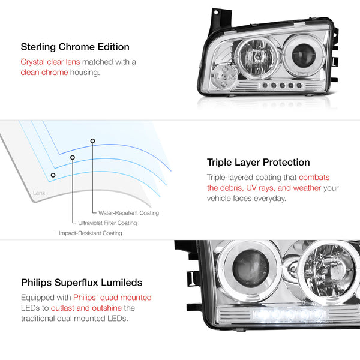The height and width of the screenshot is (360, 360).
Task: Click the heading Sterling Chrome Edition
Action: click(75, 47)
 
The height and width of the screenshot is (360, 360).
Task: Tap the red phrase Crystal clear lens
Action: click(50, 62)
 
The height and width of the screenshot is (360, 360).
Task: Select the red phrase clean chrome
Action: click(44, 73)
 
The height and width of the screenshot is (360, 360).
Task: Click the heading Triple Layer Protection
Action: click(258, 163)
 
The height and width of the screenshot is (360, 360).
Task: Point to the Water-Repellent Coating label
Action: click(128, 213)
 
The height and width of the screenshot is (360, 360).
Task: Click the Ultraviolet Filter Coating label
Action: click(107, 223)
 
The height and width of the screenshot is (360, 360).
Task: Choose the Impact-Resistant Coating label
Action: click(91, 233)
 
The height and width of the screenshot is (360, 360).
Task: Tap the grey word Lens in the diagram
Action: click(39, 193)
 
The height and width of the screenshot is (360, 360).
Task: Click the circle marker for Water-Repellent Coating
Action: click(92, 141)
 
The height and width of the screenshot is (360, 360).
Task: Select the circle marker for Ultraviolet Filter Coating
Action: click(73, 157)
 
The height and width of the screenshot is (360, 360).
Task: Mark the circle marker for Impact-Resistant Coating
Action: click(53, 175)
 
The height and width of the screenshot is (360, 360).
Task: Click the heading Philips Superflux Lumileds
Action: click(82, 283)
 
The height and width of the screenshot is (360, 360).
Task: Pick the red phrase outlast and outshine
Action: click(86, 308)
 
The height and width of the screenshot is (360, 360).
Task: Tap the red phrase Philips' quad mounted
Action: click(113, 298)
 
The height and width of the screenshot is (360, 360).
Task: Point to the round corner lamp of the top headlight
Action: click(223, 76)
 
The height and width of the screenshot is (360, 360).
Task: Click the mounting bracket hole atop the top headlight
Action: click(216, 13)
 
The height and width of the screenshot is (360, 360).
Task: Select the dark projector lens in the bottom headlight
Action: click(250, 268)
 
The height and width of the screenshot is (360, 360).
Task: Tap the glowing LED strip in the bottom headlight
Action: click(290, 314)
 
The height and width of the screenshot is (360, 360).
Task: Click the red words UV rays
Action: click(260, 188)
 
